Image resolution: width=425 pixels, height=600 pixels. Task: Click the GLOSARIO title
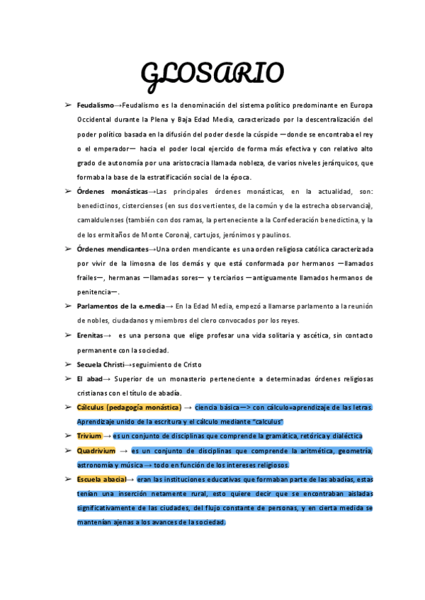[212, 72]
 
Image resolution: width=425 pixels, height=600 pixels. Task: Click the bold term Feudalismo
[95, 105]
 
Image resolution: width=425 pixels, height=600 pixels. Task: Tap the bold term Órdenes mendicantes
[113, 249]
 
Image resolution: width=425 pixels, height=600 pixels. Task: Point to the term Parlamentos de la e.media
[120, 306]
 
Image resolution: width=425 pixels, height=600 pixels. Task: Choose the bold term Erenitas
[90, 335]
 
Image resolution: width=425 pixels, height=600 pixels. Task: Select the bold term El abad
[89, 379]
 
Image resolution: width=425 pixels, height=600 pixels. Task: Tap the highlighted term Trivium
[89, 437]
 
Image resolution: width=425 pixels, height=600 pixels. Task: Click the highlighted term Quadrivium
[96, 451]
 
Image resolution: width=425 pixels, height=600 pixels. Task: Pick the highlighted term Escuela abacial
[101, 480]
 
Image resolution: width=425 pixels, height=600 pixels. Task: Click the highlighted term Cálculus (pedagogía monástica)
[128, 408]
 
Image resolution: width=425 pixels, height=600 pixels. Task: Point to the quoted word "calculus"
[265, 422]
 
